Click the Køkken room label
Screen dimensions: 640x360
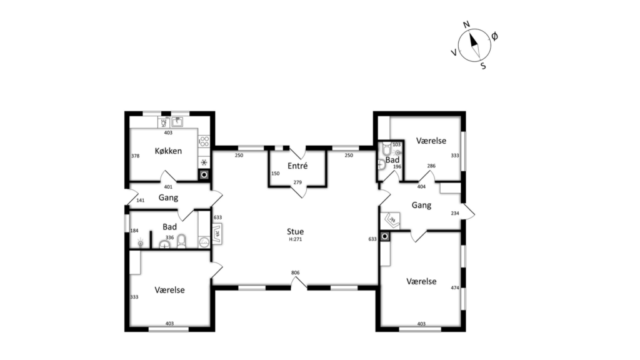coord(168,151)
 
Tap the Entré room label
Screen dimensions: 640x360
coord(297,166)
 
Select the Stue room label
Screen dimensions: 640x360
coord(295,231)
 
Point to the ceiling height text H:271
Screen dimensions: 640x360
coord(295,239)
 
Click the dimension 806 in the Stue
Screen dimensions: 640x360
coord(295,272)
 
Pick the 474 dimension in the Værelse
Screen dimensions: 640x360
coord(455,287)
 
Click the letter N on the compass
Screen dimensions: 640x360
coord(466,24)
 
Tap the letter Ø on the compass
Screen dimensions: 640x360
coord(494,36)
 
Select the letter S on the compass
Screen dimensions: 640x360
coord(483,66)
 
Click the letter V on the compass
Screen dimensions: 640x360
coord(454,52)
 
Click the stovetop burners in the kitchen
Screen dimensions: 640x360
coord(204,142)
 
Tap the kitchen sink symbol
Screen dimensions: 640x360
coord(177,122)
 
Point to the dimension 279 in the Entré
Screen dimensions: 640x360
coord(297,182)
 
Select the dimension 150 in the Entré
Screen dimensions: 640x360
coord(276,174)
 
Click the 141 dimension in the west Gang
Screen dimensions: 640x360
coord(141,201)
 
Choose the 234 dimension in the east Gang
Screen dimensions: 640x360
coord(455,213)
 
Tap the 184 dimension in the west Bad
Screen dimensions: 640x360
coord(134,231)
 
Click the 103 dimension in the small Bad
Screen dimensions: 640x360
coord(396,144)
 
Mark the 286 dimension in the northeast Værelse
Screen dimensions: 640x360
coord(431,166)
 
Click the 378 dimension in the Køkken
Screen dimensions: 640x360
coord(136,156)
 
